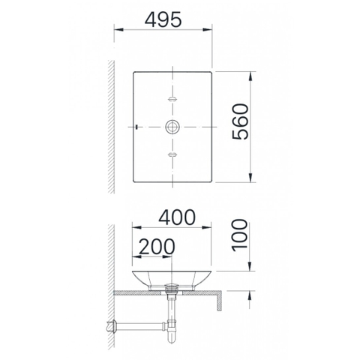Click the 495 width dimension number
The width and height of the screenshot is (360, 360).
[x=163, y=20]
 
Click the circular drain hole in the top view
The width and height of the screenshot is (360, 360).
[x=172, y=126]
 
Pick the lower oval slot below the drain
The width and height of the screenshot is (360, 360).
[x=172, y=154]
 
